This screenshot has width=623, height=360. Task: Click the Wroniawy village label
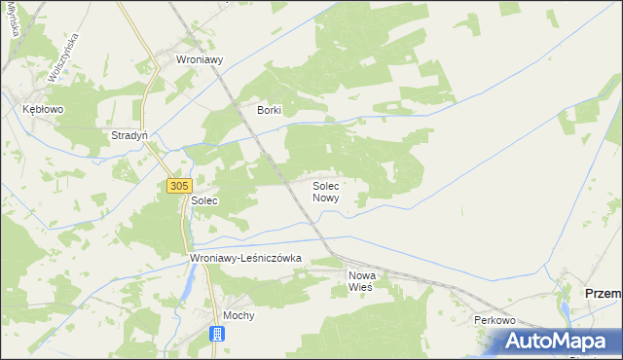point(200,59)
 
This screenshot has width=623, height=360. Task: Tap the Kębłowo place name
point(43,110)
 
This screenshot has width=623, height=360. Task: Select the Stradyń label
point(129,135)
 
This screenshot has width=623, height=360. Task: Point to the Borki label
point(269,110)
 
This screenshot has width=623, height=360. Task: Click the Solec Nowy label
point(327,191)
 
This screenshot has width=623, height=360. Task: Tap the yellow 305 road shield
point(178,185)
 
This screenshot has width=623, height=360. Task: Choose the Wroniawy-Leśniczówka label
point(245,258)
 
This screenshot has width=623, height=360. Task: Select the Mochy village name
point(238,316)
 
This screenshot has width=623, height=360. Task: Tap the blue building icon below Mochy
point(217,334)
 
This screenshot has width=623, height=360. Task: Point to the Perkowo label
point(494,320)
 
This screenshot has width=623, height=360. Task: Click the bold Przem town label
point(602,293)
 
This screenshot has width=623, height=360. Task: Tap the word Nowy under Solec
point(326,198)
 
